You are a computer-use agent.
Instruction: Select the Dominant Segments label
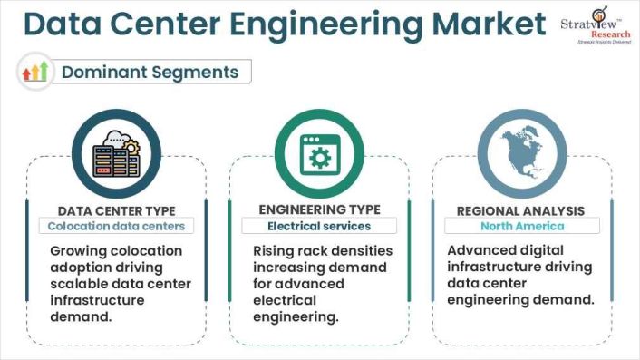(x=150, y=72)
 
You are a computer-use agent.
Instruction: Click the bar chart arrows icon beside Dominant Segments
(x=35, y=72)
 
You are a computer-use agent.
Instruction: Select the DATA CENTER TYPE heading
(x=115, y=210)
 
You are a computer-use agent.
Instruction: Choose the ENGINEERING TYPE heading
(x=319, y=210)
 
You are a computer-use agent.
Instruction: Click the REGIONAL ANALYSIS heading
(x=522, y=210)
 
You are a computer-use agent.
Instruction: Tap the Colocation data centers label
(x=115, y=226)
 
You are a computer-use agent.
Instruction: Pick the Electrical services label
(x=319, y=226)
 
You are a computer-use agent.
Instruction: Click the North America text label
(x=522, y=226)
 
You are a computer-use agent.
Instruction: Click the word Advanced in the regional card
(x=483, y=250)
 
